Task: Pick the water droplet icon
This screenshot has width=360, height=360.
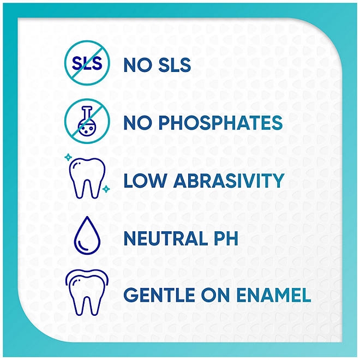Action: click(88, 238)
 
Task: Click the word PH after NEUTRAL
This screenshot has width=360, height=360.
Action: click(225, 238)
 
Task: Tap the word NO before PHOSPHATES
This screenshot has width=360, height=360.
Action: click(137, 123)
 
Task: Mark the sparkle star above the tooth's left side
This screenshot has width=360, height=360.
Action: click(67, 157)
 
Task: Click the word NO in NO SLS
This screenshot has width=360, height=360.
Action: click(137, 66)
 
